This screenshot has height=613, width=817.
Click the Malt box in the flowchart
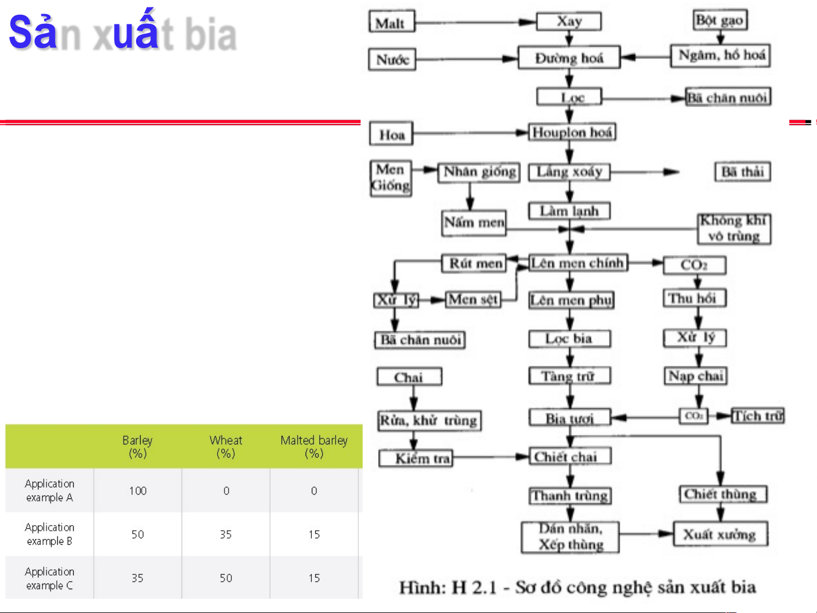pyautogui.click(x=391, y=23)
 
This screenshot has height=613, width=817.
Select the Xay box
pyautogui.click(x=569, y=22)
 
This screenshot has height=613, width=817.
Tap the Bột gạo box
pyautogui.click(x=720, y=20)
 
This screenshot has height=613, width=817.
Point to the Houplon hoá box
pyautogui.click(x=572, y=133)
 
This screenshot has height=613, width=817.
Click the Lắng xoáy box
pyautogui.click(x=569, y=172)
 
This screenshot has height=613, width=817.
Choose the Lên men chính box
pyautogui.click(x=578, y=263)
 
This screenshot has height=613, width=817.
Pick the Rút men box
pyautogui.click(x=475, y=264)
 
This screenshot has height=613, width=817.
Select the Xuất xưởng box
pyautogui.click(x=720, y=534)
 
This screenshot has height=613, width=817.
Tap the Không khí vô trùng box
pyautogui.click(x=734, y=229)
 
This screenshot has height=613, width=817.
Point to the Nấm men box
pyautogui.click(x=474, y=222)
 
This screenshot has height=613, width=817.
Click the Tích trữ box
pyautogui.click(x=757, y=416)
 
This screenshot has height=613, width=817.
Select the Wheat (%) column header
pyautogui.click(x=226, y=446)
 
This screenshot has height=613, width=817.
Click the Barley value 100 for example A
pyautogui.click(x=138, y=491)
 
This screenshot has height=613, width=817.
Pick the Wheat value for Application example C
pyautogui.click(x=226, y=578)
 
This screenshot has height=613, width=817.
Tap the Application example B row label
pyautogui.click(x=49, y=534)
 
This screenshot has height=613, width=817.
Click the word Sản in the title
pyautogui.click(x=33, y=32)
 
